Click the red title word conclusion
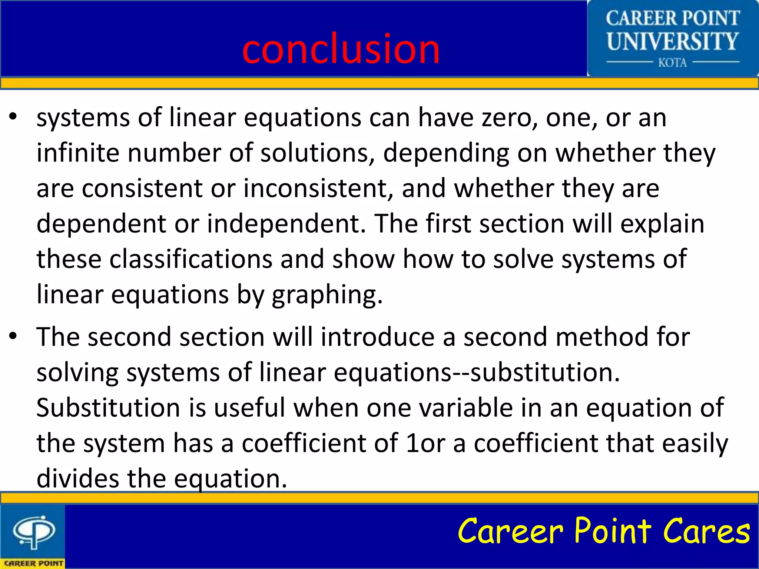click(x=341, y=49)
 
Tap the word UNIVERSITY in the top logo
click(x=672, y=41)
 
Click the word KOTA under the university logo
click(x=672, y=63)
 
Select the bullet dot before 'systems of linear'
click(x=13, y=117)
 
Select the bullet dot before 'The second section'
click(x=13, y=336)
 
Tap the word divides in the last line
click(x=78, y=479)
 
